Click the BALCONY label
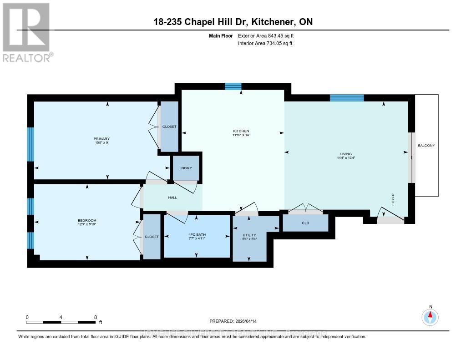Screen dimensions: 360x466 426,146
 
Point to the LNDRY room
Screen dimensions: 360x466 185,168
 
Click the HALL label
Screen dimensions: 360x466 172,198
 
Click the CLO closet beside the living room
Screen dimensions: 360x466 305,223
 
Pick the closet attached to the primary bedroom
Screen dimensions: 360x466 169,127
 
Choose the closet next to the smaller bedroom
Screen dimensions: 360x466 152,237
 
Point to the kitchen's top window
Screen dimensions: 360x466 233,86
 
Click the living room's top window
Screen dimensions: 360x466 347,97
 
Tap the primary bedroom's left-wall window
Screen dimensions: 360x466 30,144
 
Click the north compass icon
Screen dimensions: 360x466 430,316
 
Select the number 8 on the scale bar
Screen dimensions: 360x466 95,317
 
